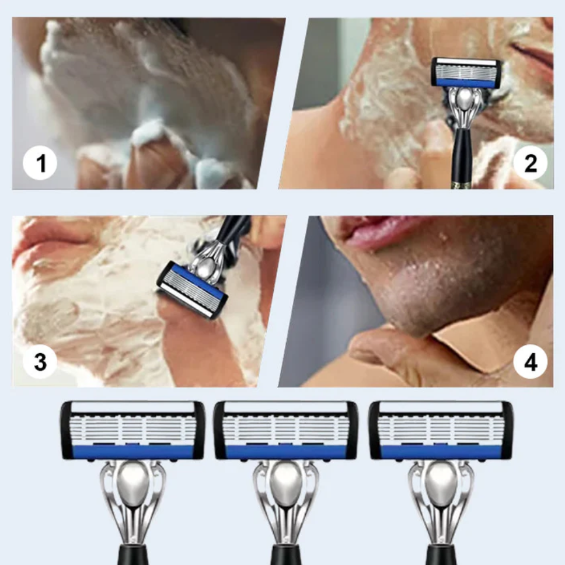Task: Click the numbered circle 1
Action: point(40,163)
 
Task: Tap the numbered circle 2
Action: point(530,163)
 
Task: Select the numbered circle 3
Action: point(40,361)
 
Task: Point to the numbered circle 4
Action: point(530,361)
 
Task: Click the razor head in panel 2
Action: point(466,72)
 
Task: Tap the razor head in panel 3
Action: point(192,290)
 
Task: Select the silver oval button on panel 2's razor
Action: point(465,99)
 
